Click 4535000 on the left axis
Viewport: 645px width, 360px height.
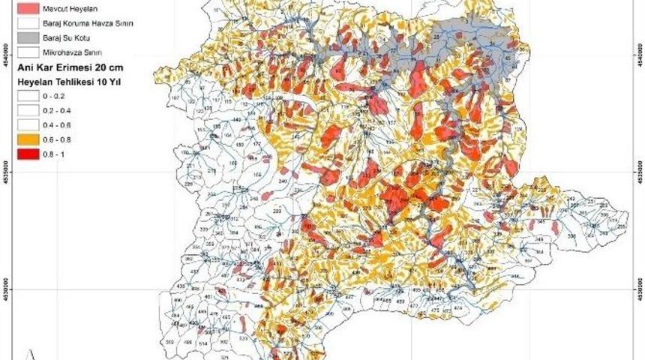pos(7,171)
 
